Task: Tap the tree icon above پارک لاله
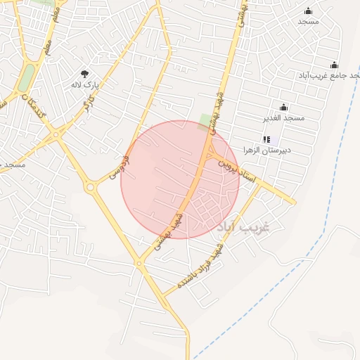[85, 73]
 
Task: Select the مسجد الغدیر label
[284, 117]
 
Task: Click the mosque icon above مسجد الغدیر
[283, 107]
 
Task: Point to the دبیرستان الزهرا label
[267, 150]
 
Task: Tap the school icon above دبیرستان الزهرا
[266, 139]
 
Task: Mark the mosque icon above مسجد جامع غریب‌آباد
[334, 65]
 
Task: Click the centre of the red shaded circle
[180, 179]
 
